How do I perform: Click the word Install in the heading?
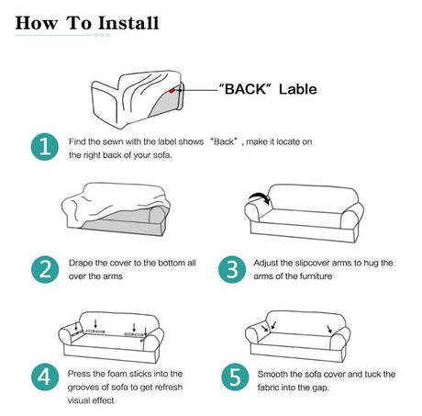tap(128, 23)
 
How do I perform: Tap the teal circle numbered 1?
tap(45, 147)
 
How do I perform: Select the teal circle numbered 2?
tap(45, 269)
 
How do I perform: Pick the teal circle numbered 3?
tap(232, 269)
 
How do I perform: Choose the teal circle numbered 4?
tap(45, 377)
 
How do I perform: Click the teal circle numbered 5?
tap(235, 377)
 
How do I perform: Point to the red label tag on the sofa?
tap(172, 90)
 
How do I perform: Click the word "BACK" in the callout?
tap(246, 89)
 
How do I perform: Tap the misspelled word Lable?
tap(298, 89)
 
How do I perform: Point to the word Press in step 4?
tap(79, 374)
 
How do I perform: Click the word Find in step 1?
tap(77, 141)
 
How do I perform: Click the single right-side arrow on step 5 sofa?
tap(329, 330)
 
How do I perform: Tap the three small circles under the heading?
tap(102, 35)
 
